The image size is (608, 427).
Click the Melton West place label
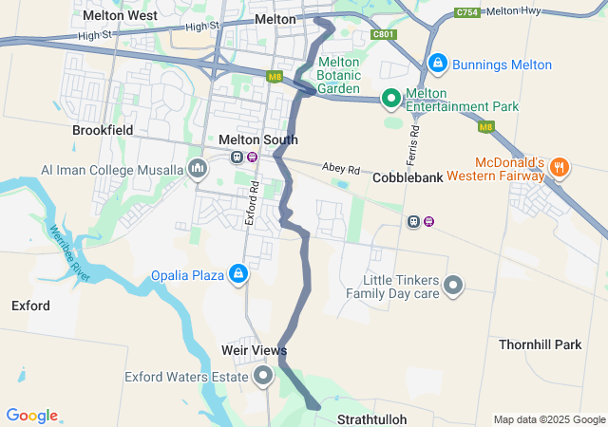tap(120, 16)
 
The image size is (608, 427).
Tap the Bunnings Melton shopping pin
tap(437, 64)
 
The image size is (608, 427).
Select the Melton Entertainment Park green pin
tap(390, 97)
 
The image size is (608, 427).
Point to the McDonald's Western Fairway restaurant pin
tap(560, 168)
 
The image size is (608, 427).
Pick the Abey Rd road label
tap(342, 167)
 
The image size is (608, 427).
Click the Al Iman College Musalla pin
tap(199, 169)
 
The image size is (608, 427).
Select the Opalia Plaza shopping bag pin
tap(237, 275)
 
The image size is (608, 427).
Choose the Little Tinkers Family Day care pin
tap(454, 285)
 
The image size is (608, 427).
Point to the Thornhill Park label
tap(540, 344)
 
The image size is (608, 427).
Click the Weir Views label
tap(254, 351)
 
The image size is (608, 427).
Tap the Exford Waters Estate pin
tap(263, 377)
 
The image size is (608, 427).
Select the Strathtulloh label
tap(372, 418)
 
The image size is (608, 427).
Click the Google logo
tap(32, 416)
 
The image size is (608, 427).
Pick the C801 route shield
tap(383, 34)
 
